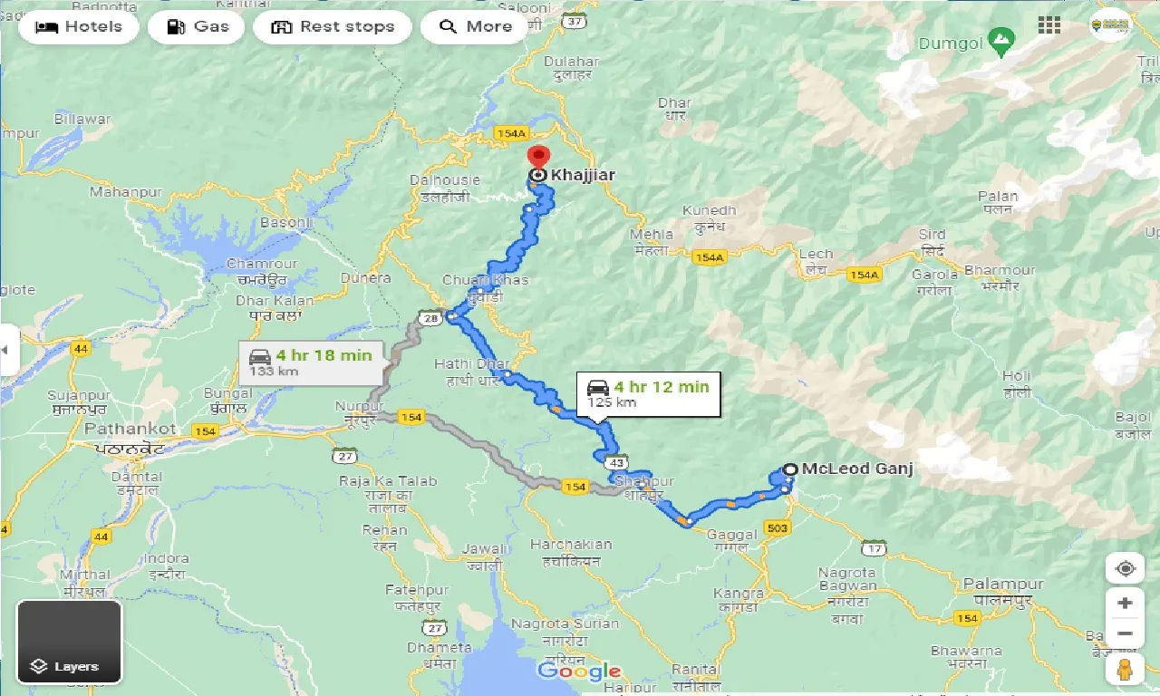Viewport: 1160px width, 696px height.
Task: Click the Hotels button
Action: pyautogui.click(x=78, y=27)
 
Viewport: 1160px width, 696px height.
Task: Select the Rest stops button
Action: pyautogui.click(x=332, y=27)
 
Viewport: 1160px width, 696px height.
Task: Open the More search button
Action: pyautogui.click(x=476, y=27)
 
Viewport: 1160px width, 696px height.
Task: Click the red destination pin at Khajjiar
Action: pyautogui.click(x=538, y=158)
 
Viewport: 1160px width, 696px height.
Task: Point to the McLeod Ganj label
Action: pyautogui.click(x=856, y=469)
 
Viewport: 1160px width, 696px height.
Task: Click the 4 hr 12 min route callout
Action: pyautogui.click(x=648, y=393)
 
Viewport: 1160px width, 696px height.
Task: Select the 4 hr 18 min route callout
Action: pyautogui.click(x=311, y=362)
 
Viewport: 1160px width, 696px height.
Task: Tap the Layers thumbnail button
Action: pyautogui.click(x=69, y=642)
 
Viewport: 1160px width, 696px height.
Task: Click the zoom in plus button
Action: pyautogui.click(x=1125, y=604)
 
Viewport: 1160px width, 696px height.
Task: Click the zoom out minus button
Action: pyautogui.click(x=1125, y=633)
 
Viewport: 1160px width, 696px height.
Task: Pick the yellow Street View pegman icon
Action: pyautogui.click(x=1125, y=670)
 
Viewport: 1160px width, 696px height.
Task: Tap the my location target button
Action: pyautogui.click(x=1125, y=568)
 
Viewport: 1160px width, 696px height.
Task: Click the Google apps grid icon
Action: pyautogui.click(x=1049, y=25)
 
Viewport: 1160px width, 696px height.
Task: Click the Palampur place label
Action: pyautogui.click(x=1003, y=584)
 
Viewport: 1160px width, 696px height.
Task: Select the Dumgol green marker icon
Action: pyautogui.click(x=1000, y=40)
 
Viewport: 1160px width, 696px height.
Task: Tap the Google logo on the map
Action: pyautogui.click(x=578, y=672)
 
